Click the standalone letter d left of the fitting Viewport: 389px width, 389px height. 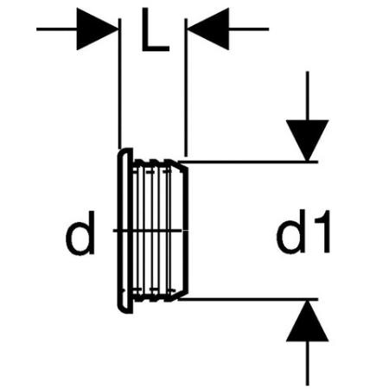pos(80,233)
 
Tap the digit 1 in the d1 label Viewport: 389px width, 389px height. pos(323,232)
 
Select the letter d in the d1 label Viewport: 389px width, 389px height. pos(290,232)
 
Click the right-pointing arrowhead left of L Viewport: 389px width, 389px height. pos(97,29)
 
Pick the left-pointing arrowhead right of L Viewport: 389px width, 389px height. pos(208,29)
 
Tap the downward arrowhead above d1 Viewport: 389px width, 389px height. pos(308,140)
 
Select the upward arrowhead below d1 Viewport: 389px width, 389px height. pos(308,321)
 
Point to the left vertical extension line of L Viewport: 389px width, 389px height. pos(120,84)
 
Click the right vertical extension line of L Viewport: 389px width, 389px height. pos(186,87)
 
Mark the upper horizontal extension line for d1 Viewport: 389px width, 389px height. pos(248,162)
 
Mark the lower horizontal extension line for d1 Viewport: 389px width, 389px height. pos(248,299)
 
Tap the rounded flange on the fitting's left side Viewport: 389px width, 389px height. pos(124,231)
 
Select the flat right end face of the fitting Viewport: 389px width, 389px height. pos(186,231)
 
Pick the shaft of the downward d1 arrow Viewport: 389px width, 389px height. pos(308,96)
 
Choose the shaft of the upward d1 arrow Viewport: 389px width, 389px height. pos(308,364)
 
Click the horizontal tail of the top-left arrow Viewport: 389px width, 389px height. pos(57,29)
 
